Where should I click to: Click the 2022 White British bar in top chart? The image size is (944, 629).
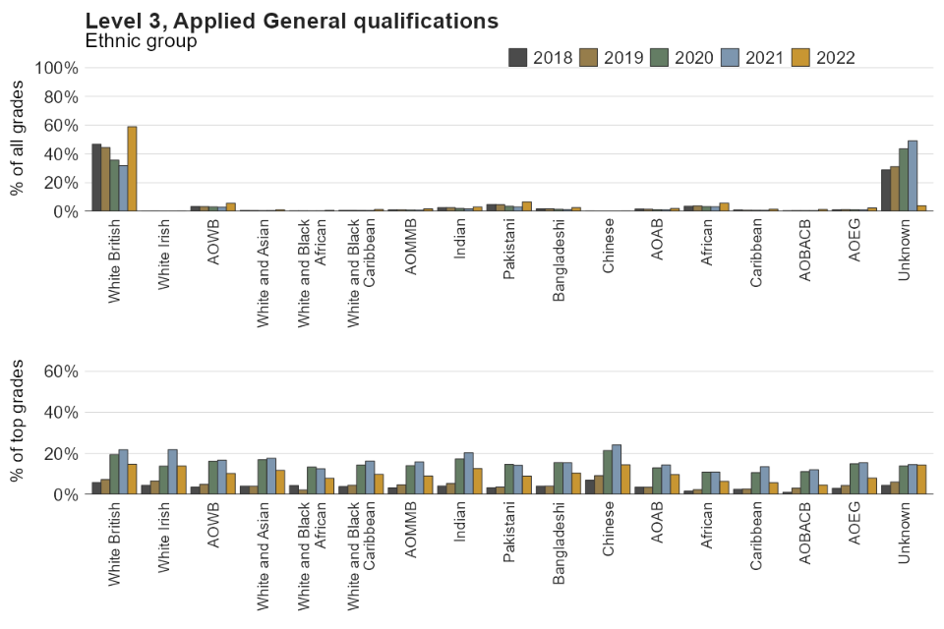click(132, 169)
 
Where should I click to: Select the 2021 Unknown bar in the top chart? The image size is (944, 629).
click(913, 176)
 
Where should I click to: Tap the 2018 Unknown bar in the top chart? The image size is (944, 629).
click(885, 191)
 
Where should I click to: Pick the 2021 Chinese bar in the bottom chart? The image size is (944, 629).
click(616, 470)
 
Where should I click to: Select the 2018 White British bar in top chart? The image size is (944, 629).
click(96, 178)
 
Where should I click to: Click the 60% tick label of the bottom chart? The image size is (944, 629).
click(59, 372)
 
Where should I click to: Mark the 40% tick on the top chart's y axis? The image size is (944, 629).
click(59, 154)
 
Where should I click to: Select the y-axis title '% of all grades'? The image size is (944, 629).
click(17, 140)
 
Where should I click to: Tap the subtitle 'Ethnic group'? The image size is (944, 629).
click(141, 41)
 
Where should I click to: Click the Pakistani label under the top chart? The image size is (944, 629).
click(509, 254)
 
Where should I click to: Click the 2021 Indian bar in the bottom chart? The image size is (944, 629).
click(468, 474)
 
